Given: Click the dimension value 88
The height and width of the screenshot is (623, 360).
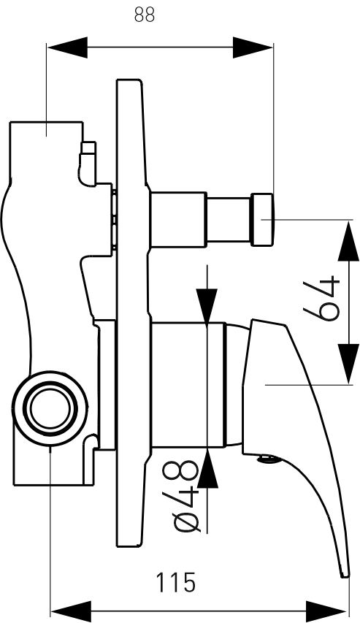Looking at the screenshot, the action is [x=145, y=15].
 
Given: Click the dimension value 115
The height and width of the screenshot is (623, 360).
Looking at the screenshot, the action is [x=175, y=583].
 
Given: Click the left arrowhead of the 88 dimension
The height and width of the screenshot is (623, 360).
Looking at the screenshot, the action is [x=67, y=47].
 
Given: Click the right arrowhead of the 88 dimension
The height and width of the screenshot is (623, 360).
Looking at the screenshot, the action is [x=253, y=47].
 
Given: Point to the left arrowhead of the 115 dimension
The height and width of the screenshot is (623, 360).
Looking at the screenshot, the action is [x=72, y=611].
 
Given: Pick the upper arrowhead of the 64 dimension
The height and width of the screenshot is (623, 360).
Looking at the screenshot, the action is [x=348, y=241].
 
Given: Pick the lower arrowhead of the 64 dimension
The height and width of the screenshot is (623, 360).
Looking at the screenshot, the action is [x=348, y=364].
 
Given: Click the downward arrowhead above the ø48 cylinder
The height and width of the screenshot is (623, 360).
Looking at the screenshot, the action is [x=207, y=306].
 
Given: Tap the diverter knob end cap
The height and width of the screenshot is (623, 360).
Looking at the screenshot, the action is [x=262, y=220].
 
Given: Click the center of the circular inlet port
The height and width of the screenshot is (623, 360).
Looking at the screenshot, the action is [x=50, y=409].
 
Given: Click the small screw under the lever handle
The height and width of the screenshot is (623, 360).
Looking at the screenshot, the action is [x=269, y=459].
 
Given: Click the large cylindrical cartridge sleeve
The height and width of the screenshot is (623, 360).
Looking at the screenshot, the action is [x=188, y=385].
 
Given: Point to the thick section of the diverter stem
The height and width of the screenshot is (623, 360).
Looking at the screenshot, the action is [x=178, y=220].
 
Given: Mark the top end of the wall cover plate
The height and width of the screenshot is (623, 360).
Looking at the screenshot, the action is [x=129, y=80].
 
